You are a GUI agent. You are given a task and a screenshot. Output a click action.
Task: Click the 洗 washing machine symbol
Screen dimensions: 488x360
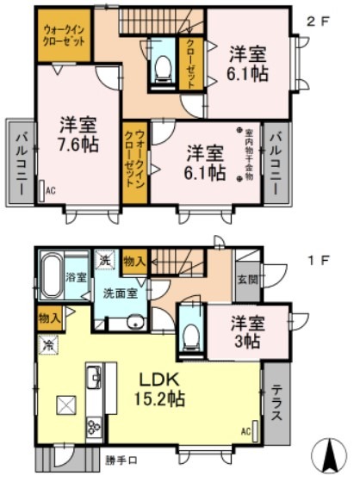(x=104, y=260)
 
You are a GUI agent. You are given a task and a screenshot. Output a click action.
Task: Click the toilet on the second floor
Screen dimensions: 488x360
(x=161, y=68)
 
